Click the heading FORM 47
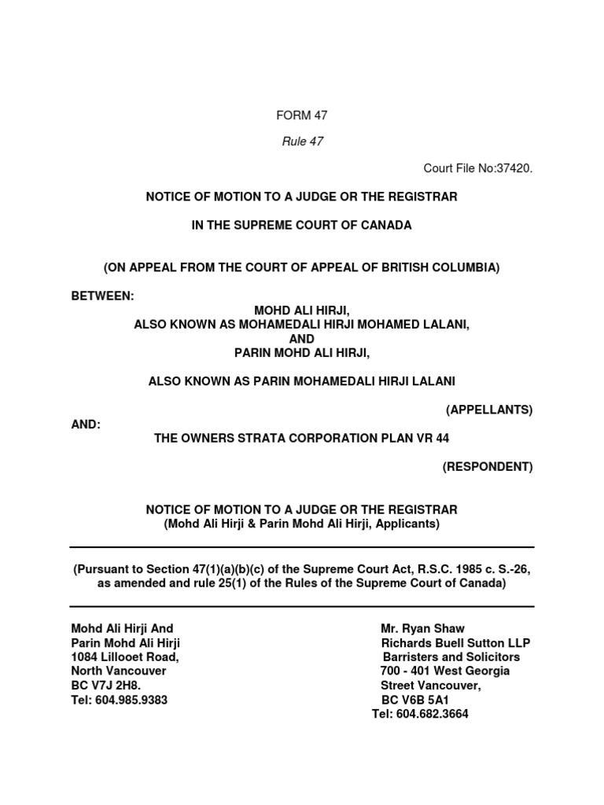301,116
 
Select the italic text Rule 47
301,142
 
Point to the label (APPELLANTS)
489,410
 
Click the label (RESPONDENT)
487,467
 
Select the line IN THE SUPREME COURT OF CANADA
301,226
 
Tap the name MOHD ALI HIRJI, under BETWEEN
302,311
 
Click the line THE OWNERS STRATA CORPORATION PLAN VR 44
301,438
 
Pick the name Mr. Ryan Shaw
422,629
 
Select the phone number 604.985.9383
130,700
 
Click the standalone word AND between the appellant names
302,339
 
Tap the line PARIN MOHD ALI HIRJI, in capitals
302,353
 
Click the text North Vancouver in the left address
118,671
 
